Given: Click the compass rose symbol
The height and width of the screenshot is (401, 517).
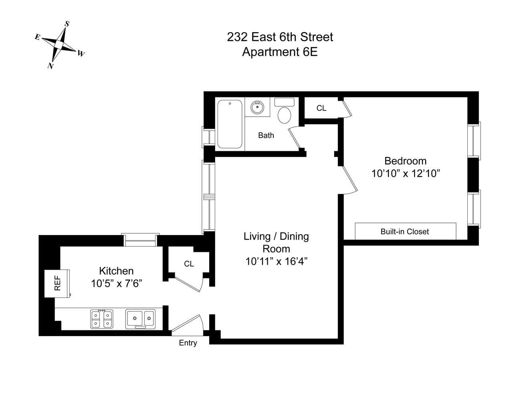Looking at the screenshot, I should point(59,45).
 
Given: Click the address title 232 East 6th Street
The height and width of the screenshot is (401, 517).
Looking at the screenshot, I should point(280,37).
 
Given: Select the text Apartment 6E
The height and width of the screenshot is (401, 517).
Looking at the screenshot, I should point(280,52).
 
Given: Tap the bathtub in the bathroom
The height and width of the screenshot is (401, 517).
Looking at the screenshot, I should point(230,124).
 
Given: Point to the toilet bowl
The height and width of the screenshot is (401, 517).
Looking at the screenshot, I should point(285,115).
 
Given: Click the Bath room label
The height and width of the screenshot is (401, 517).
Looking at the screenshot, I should point(266,136).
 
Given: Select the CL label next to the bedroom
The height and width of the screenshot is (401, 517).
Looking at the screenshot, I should point(321,108).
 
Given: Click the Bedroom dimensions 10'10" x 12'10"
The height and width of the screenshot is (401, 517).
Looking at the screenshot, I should point(406,174).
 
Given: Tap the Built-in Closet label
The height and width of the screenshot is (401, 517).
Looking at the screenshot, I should point(405,231).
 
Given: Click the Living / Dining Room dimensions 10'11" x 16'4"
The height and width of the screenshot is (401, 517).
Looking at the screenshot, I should point(276,262).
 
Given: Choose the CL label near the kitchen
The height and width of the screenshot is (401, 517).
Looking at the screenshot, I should point(189,264).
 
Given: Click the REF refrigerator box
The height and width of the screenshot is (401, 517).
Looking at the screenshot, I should point(57,283).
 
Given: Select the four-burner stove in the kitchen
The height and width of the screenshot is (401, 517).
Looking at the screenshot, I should point(101,319).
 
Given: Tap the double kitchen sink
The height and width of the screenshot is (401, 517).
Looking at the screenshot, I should point(140,319).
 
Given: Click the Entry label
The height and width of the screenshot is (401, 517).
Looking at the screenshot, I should point(188,343).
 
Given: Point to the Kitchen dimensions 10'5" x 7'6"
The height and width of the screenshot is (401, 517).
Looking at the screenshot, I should point(117,284).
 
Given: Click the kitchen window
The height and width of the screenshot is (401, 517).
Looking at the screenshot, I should point(140,240).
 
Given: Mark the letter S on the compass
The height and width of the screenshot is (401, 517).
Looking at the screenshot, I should point(67,24).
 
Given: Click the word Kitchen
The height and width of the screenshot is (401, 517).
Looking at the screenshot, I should point(116,271).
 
